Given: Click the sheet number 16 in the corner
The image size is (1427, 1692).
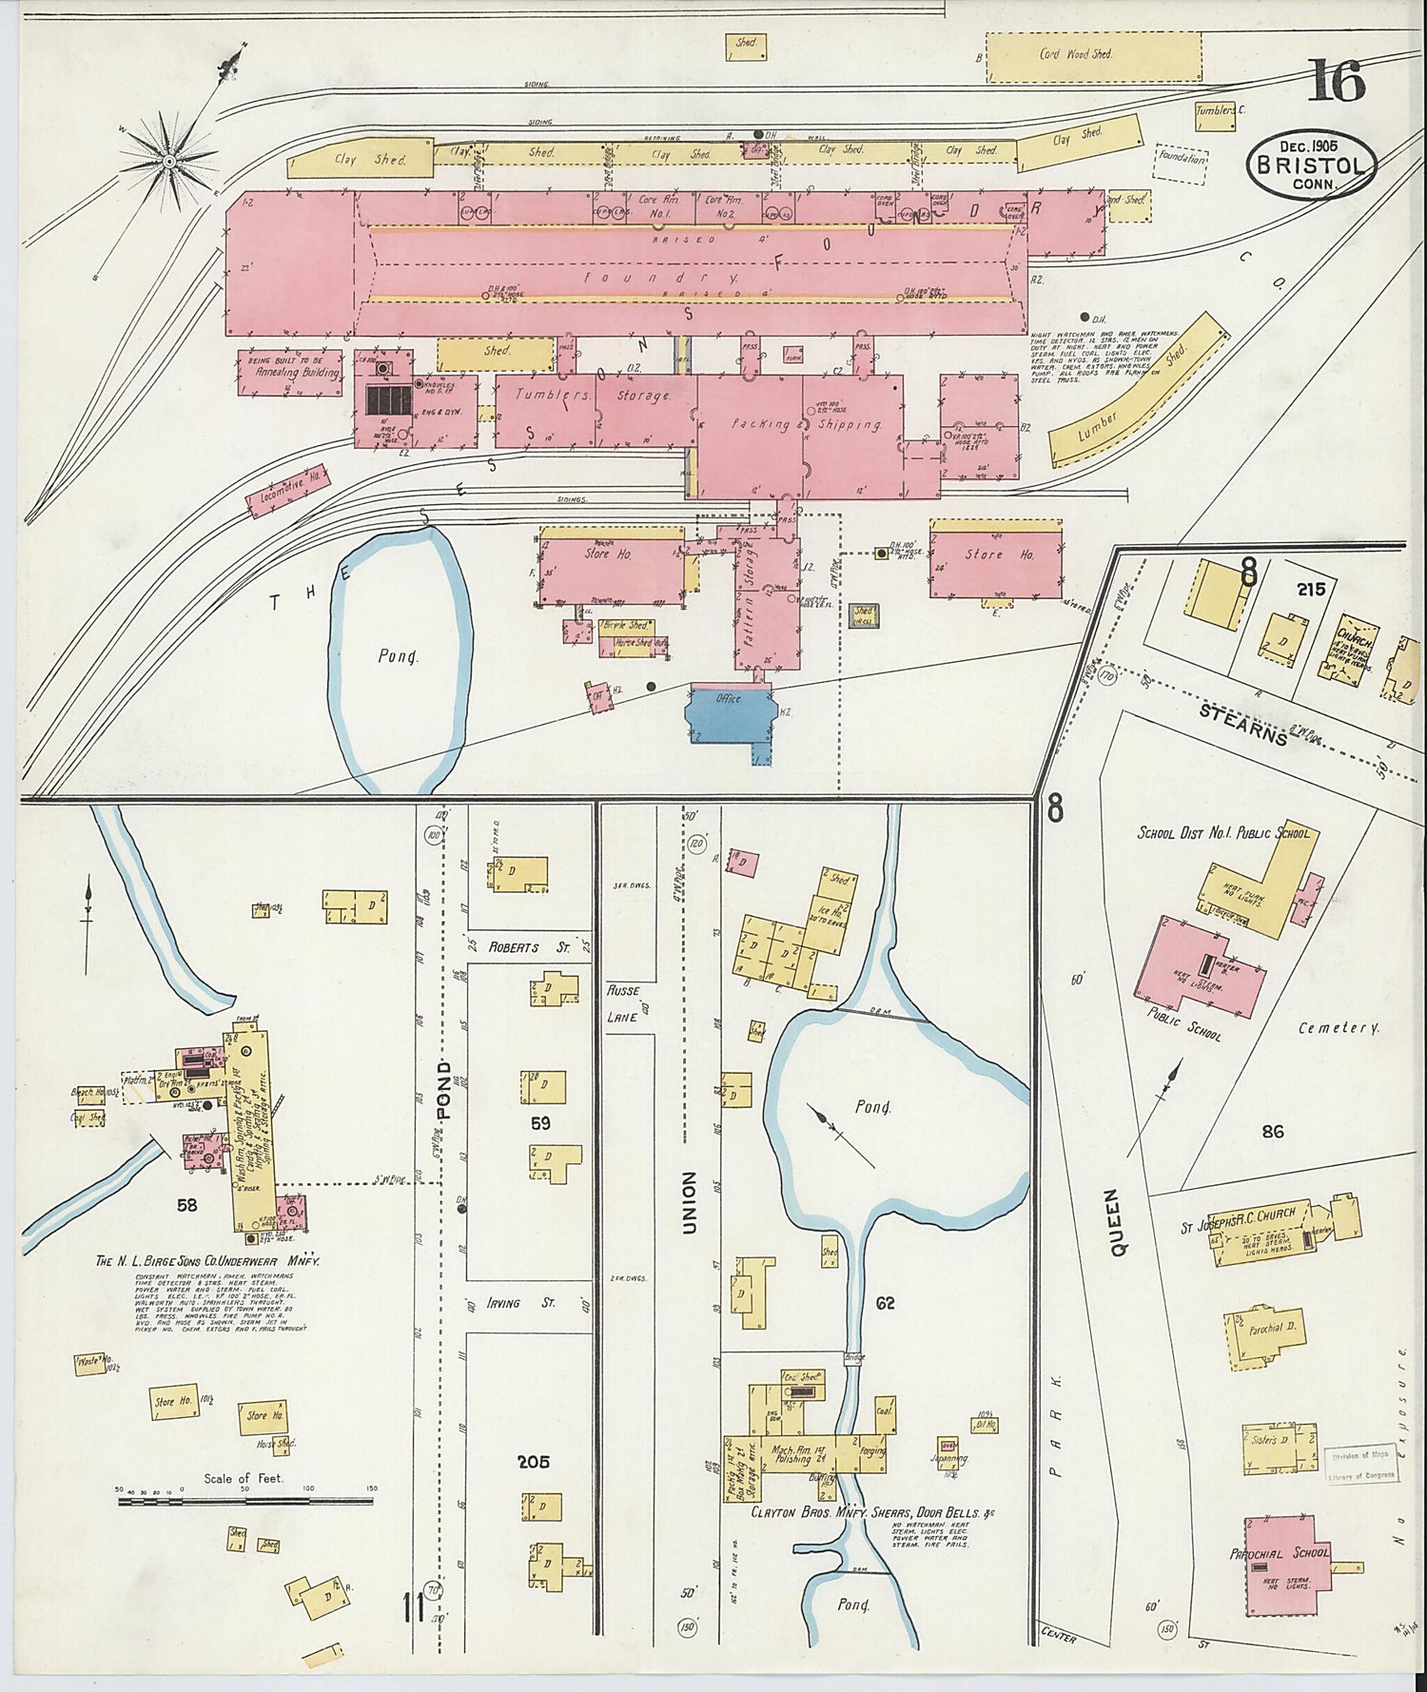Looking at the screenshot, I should (1337, 80).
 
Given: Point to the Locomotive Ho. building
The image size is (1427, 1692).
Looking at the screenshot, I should (288, 490).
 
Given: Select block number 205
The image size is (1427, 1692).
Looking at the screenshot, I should (533, 1462).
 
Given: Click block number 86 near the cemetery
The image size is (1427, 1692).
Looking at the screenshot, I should (1273, 1131).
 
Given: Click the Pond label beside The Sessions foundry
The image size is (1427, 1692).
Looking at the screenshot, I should (399, 656).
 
